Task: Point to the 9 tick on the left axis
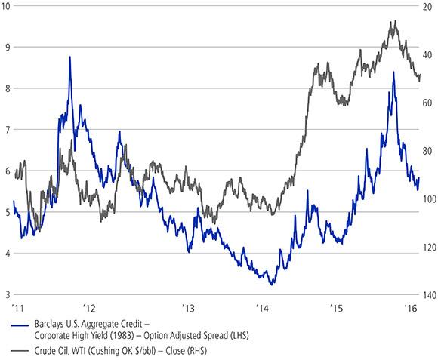[5, 47]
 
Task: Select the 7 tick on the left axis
[5, 130]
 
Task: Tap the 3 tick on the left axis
[5, 294]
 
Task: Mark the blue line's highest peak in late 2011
[69, 57]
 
